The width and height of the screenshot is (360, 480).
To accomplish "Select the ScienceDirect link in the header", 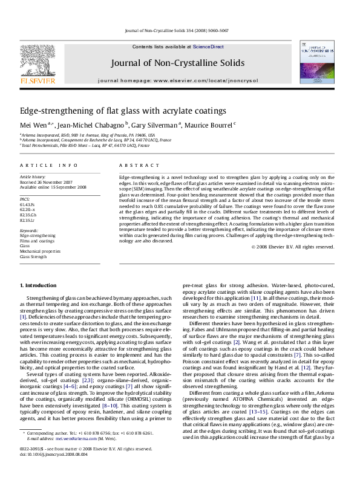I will pyautogui.click(x=209, y=47).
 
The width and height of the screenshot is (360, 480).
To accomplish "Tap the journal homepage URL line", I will pyautogui.click(x=177, y=80).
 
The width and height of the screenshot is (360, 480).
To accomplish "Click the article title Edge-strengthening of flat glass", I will pyautogui.click(x=123, y=111).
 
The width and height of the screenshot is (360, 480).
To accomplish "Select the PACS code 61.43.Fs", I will pyautogui.click(x=28, y=205).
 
